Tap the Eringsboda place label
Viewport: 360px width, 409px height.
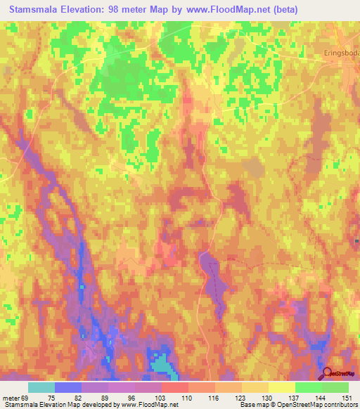point(337,52)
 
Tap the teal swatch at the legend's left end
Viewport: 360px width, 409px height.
point(41,387)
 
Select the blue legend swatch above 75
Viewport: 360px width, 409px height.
point(68,387)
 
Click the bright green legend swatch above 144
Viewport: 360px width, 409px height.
point(309,387)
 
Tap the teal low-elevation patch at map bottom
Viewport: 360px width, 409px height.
point(162,363)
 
